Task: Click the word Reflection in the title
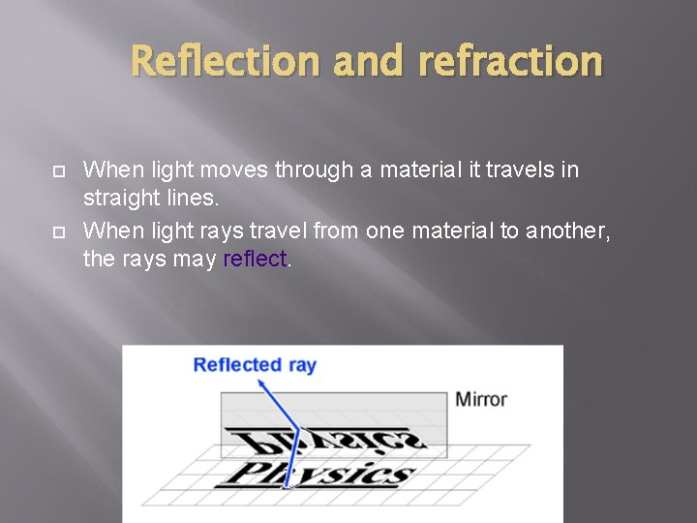point(225,60)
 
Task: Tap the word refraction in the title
point(510,60)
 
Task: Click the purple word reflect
point(255,260)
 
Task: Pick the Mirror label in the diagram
point(481,399)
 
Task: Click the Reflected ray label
point(255,365)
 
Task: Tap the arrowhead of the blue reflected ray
point(260,383)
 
